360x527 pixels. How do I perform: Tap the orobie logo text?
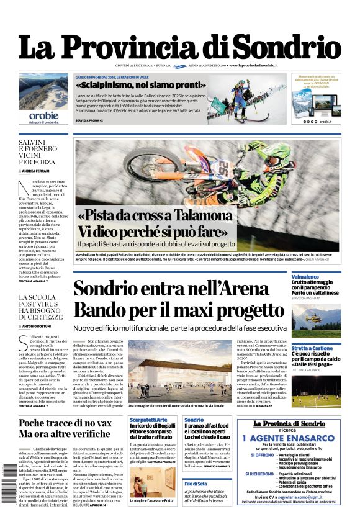tap(43, 115)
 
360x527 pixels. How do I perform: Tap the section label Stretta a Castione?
tap(312, 349)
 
